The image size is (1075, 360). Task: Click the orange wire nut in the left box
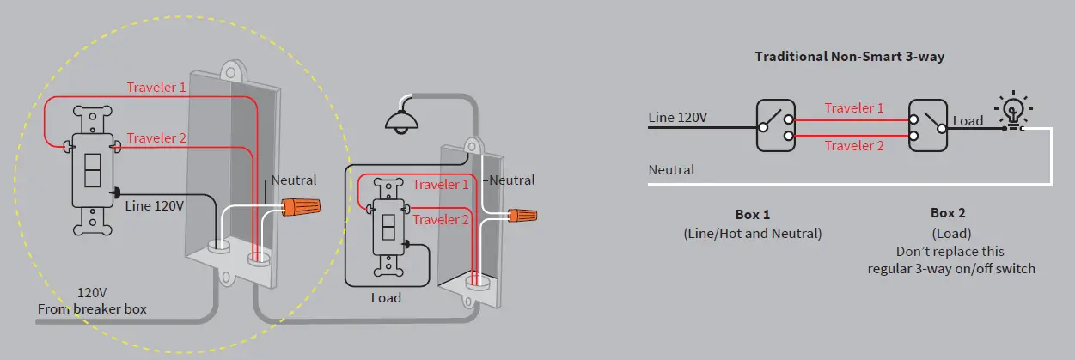pyautogui.click(x=301, y=207)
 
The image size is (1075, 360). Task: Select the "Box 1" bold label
pyautogui.click(x=753, y=214)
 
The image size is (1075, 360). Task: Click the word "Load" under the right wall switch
pyautogui.click(x=386, y=298)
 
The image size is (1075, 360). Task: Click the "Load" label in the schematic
pyautogui.click(x=968, y=121)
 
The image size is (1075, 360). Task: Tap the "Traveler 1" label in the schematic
pyautogui.click(x=853, y=108)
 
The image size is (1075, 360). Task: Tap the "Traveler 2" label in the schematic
pyautogui.click(x=853, y=146)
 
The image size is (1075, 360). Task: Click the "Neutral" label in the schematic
pyautogui.click(x=671, y=170)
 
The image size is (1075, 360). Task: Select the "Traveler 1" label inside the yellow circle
pyautogui.click(x=156, y=88)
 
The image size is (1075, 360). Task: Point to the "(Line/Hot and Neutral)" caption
pyautogui.click(x=753, y=233)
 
